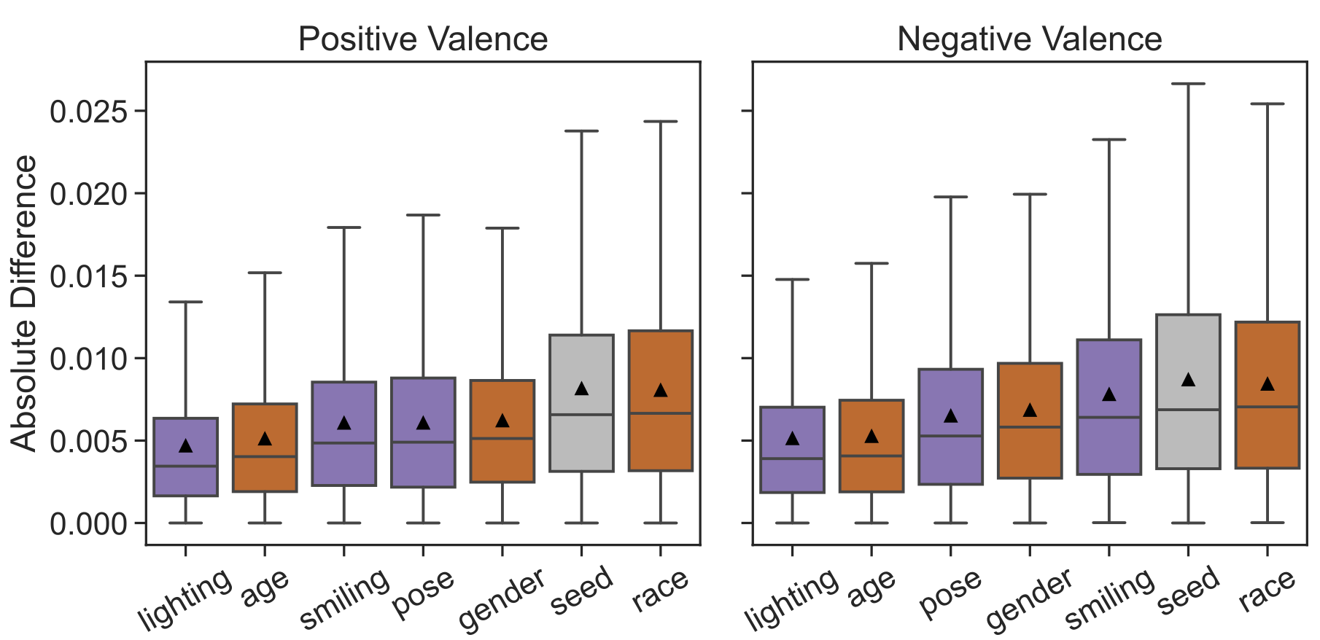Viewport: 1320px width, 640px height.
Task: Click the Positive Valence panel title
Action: [423, 39]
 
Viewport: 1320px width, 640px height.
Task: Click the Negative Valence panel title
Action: [1029, 39]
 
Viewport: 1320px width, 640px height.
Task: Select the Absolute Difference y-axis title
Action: [25, 303]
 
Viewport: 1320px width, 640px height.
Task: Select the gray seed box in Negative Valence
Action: [1188, 437]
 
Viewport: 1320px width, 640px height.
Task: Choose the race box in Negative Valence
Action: [1267, 437]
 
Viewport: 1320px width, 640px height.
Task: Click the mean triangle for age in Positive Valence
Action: [265, 439]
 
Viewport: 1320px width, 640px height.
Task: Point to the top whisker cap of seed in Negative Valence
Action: [1188, 84]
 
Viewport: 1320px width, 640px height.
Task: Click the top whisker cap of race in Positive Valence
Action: [661, 122]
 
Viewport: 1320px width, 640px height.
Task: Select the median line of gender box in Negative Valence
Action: [1030, 427]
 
